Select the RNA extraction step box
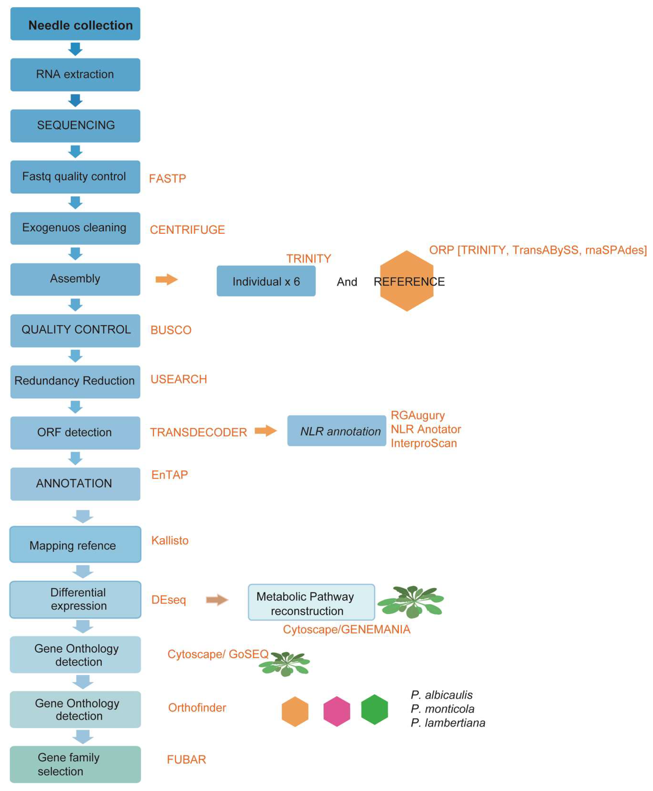coord(75,74)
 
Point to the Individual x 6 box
coord(266,281)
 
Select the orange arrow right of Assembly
coord(166,279)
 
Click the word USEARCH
coord(179,379)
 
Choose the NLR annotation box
coord(337,431)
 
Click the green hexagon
coord(374,710)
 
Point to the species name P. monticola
coord(442,709)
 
